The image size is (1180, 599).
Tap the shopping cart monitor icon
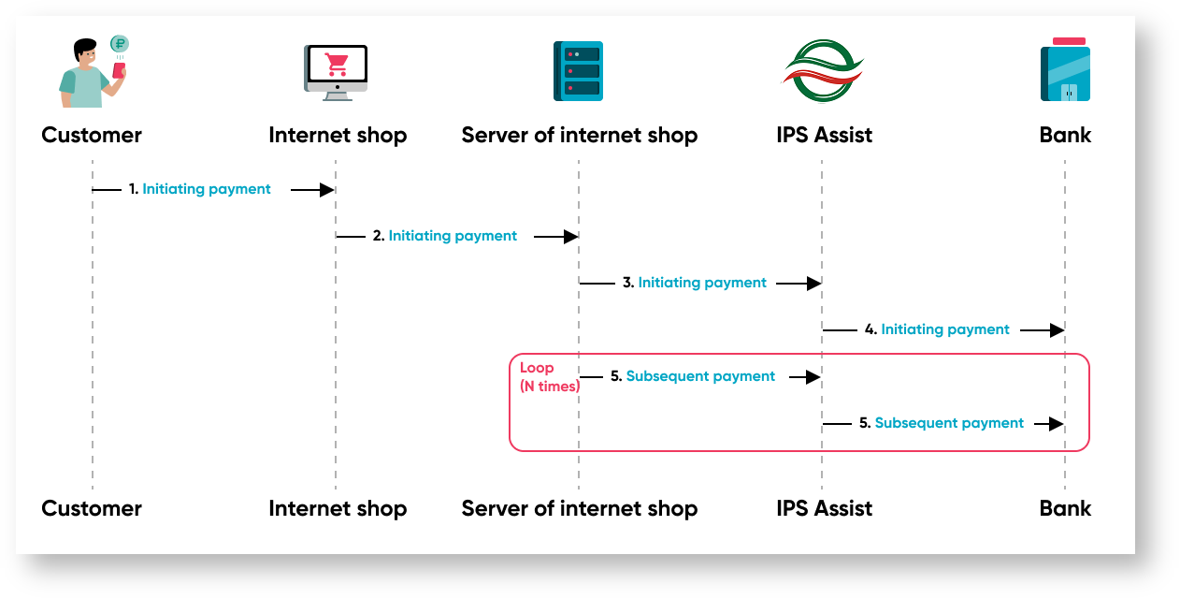click(336, 71)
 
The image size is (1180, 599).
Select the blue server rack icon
click(578, 71)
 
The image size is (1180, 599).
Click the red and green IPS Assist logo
click(822, 71)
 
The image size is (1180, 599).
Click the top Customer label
click(92, 135)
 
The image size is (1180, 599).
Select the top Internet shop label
click(338, 135)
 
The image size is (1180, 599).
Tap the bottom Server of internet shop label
click(580, 509)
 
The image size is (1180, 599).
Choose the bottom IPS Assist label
click(824, 509)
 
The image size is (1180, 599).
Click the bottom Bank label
click(1065, 509)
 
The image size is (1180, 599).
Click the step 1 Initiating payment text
click(207, 189)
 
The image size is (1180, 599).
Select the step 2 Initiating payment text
click(453, 236)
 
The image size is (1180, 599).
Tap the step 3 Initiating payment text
click(702, 283)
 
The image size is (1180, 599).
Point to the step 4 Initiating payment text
click(945, 329)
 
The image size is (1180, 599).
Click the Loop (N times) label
click(550, 377)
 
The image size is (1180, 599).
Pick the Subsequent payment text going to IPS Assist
click(700, 376)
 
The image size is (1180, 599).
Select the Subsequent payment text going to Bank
click(949, 423)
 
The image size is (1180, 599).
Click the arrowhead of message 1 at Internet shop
click(327, 190)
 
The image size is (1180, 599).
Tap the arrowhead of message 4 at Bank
click(1057, 330)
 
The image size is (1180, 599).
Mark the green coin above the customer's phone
click(120, 44)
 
